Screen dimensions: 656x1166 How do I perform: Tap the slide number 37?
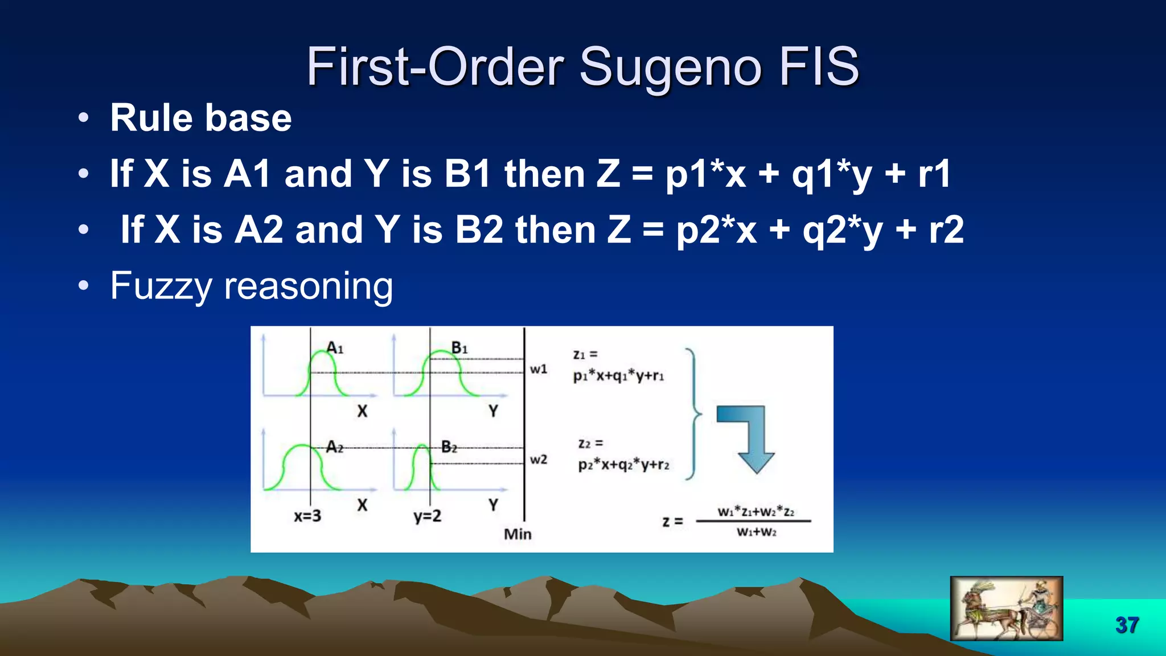1127,625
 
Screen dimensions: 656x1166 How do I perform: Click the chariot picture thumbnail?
1006,608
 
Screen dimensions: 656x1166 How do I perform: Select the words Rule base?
200,118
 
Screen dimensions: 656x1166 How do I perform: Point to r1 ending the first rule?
934,174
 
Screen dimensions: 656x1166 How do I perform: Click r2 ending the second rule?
946,229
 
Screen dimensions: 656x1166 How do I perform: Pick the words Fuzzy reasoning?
251,286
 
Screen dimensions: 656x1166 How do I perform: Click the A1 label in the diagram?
335,347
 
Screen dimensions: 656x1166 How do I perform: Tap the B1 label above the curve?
459,347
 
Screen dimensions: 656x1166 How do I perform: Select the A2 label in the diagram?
335,448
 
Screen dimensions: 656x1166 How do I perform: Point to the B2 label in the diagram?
449,447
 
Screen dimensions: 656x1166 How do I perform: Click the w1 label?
538,369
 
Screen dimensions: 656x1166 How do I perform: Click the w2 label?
538,459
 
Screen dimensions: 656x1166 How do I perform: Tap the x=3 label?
307,516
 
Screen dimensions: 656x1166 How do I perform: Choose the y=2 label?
427,516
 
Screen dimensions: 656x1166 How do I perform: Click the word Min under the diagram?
518,534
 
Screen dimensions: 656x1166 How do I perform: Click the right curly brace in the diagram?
693,414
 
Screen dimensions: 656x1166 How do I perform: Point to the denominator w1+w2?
756,532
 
